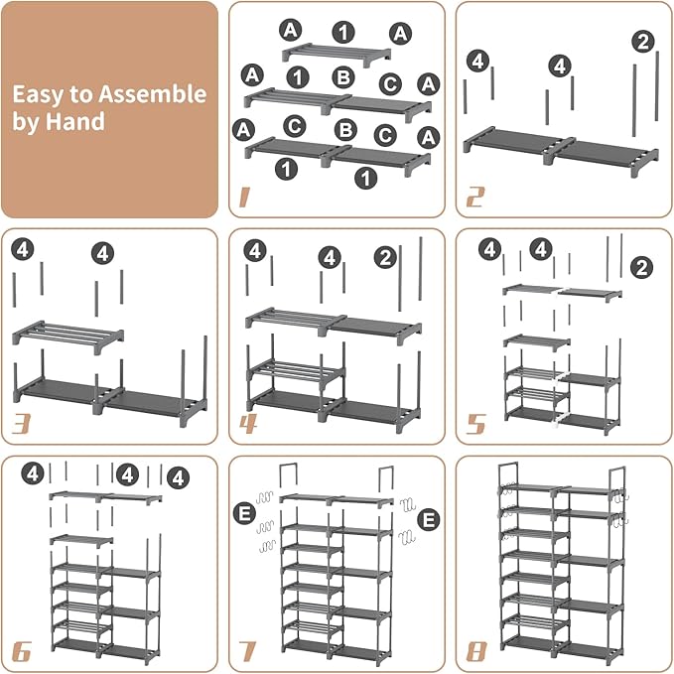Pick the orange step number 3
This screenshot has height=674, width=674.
pyautogui.click(x=20, y=422)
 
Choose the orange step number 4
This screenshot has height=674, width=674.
pyautogui.click(x=248, y=422)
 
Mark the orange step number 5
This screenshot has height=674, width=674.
pyautogui.click(x=476, y=422)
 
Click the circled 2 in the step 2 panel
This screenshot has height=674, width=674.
pyautogui.click(x=643, y=41)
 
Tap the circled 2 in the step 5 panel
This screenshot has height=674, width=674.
pyautogui.click(x=641, y=267)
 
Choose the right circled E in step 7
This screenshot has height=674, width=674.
pyautogui.click(x=428, y=517)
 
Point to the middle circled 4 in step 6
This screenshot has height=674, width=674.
pyautogui.click(x=127, y=474)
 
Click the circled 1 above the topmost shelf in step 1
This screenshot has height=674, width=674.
pyautogui.click(x=341, y=31)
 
